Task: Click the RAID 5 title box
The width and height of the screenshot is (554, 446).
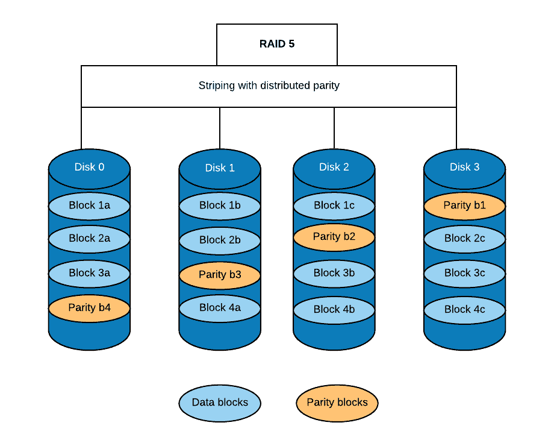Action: [x=277, y=44]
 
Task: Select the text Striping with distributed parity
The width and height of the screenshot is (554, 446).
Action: [x=269, y=86]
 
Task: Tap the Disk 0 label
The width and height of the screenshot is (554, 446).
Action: [x=89, y=167]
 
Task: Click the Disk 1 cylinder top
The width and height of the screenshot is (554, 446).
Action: [x=220, y=168]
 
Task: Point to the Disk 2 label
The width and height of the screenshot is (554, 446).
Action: [x=334, y=167]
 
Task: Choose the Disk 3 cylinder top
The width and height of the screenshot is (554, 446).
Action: [x=464, y=167]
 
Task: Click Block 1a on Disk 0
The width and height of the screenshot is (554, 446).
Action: [x=89, y=206]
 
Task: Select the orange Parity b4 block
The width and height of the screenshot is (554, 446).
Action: [x=89, y=308]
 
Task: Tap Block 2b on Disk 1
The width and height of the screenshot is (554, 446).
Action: [x=220, y=240]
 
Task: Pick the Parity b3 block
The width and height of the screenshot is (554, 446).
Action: [x=220, y=275]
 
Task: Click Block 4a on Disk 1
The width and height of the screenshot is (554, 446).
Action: [x=220, y=308]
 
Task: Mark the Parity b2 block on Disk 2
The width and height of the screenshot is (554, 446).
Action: [x=334, y=237]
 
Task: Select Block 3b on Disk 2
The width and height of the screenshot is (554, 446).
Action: [x=334, y=274]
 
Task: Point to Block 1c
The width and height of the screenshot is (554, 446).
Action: [x=334, y=206]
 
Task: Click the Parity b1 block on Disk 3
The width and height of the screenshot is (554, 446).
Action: [x=464, y=206]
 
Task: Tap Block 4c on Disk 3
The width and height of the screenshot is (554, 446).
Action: [x=464, y=310]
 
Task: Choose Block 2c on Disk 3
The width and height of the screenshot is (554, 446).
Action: [x=464, y=239]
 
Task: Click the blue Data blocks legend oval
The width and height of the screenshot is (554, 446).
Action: [x=220, y=403]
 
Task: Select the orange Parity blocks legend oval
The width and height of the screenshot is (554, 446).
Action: [x=337, y=403]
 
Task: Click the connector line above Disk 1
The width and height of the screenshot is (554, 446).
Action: [x=220, y=130]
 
